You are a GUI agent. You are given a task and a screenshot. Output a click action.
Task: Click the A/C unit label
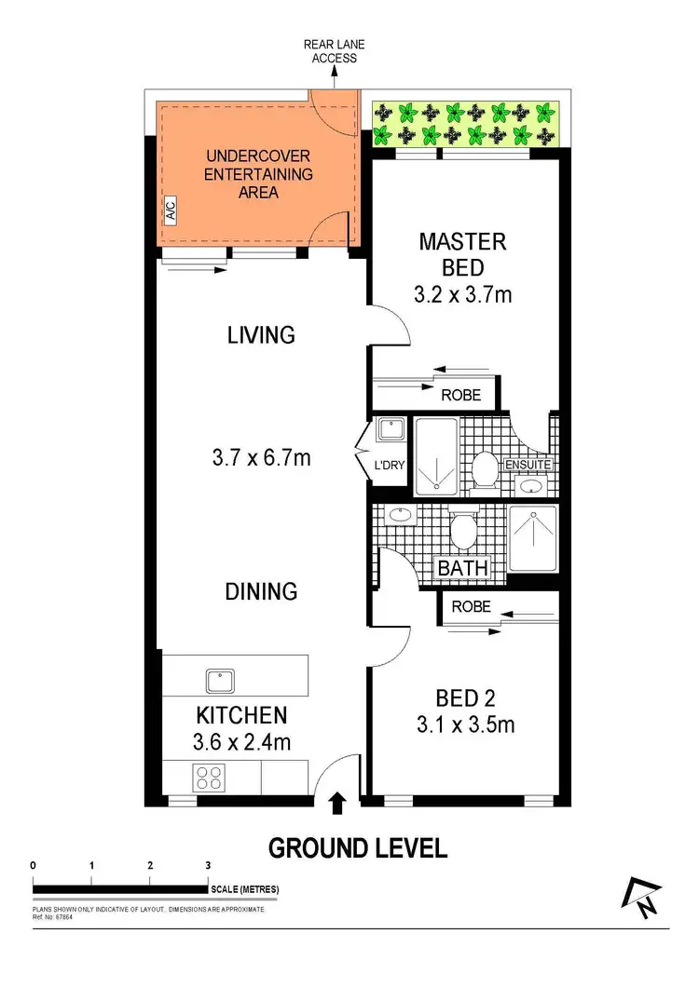point(170,211)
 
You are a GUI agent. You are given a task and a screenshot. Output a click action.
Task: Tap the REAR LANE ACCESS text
point(332,50)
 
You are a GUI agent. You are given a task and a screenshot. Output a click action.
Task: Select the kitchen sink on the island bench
point(220,681)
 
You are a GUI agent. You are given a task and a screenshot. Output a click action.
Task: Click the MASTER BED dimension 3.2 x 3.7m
point(462,295)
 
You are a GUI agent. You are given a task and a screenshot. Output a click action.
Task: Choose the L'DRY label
point(389,465)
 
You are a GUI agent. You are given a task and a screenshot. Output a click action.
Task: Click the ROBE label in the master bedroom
point(460,395)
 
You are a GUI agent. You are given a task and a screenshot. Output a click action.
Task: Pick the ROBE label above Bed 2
point(472,605)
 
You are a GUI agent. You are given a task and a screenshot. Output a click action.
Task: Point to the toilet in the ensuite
point(484,468)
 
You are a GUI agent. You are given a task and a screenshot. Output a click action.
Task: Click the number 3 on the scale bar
point(208,865)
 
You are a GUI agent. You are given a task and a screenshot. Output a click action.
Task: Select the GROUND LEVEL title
point(358,848)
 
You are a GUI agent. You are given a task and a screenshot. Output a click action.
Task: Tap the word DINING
point(262,590)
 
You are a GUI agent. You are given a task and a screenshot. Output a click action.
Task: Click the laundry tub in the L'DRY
point(390,429)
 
